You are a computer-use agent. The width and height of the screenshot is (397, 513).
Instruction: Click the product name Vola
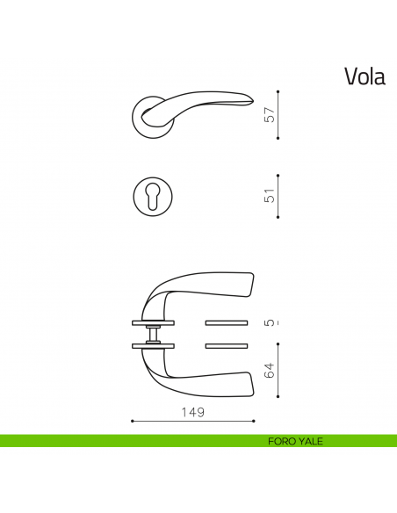coord(365,76)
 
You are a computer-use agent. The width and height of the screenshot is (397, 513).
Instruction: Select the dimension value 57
coord(270,114)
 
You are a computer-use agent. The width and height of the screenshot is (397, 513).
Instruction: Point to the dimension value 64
coord(270,370)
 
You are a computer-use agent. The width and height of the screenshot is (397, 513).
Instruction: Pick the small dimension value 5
coord(270,322)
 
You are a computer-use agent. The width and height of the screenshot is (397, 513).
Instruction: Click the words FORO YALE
coord(295,441)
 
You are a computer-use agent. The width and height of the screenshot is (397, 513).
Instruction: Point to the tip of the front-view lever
coord(252,102)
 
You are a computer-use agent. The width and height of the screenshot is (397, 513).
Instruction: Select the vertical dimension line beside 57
coord(278,114)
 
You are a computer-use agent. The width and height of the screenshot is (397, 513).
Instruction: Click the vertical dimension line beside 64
coord(278,371)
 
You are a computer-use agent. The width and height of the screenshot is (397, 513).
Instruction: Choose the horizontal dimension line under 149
coord(192,422)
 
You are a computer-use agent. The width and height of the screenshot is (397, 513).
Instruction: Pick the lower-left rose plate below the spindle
coord(153,346)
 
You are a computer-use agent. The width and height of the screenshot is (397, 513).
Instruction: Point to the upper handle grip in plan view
coord(220,286)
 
